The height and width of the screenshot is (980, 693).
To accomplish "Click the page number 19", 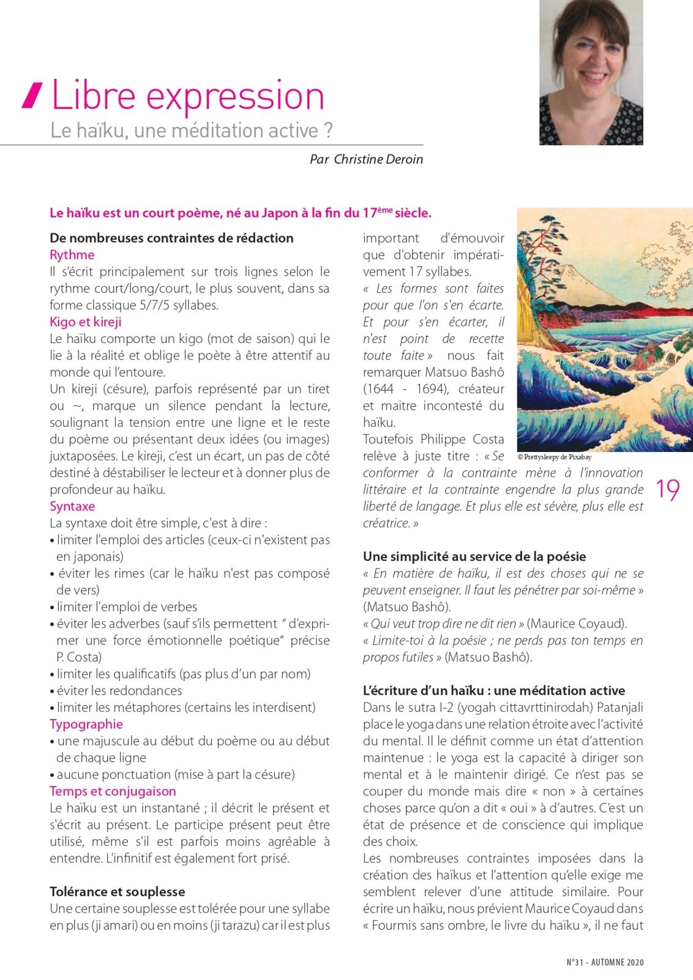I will (668, 490).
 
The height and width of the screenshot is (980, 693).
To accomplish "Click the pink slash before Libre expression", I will (32, 96).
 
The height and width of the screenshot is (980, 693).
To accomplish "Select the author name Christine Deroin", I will (378, 159).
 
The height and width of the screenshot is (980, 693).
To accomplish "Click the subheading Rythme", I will (72, 255).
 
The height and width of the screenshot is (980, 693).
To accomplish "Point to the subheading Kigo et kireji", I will (86, 322).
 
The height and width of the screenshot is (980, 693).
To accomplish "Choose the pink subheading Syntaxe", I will (72, 507).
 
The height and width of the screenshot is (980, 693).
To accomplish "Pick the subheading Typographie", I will (86, 724).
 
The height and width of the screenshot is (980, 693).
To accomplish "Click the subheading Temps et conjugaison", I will (113, 791).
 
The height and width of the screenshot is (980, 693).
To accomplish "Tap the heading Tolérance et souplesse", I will (118, 892).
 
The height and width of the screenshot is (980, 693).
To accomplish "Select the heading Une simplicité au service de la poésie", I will (474, 556).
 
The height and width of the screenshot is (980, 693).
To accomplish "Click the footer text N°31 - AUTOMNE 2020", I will (605, 962).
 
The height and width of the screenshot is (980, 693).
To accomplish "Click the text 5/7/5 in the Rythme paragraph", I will (157, 305).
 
